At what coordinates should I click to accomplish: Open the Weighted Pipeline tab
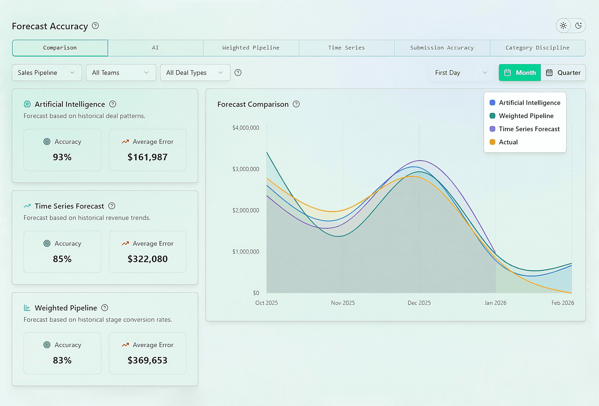(251, 48)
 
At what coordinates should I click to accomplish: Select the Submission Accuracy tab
(442, 48)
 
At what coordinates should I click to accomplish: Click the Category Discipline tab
(538, 48)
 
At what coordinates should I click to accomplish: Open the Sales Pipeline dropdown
(47, 73)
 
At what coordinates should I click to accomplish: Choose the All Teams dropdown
(121, 73)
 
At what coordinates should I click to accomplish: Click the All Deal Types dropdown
(195, 73)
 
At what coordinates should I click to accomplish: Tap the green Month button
(520, 73)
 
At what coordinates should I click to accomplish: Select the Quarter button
(563, 73)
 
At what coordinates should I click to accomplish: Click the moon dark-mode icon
(578, 26)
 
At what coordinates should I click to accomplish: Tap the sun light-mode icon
(563, 26)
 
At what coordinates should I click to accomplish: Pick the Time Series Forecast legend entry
(529, 129)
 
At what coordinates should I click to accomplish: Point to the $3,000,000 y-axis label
(246, 169)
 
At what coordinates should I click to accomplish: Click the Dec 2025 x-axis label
(419, 303)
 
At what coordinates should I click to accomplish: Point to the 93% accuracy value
(62, 157)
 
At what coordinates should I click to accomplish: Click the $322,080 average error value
(147, 259)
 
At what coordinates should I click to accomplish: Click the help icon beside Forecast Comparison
(296, 104)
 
